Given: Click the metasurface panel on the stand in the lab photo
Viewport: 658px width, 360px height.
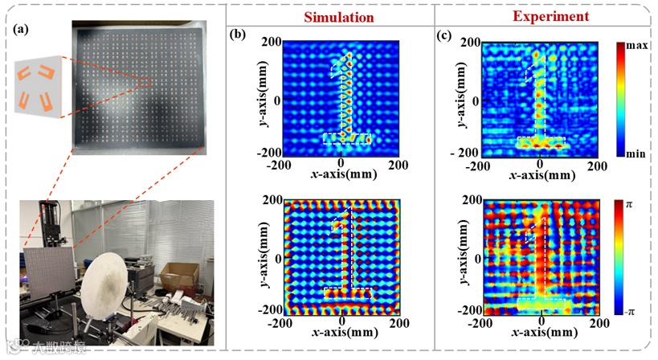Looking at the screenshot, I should point(43,275).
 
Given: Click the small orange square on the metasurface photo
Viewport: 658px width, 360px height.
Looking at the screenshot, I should point(146,81).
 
